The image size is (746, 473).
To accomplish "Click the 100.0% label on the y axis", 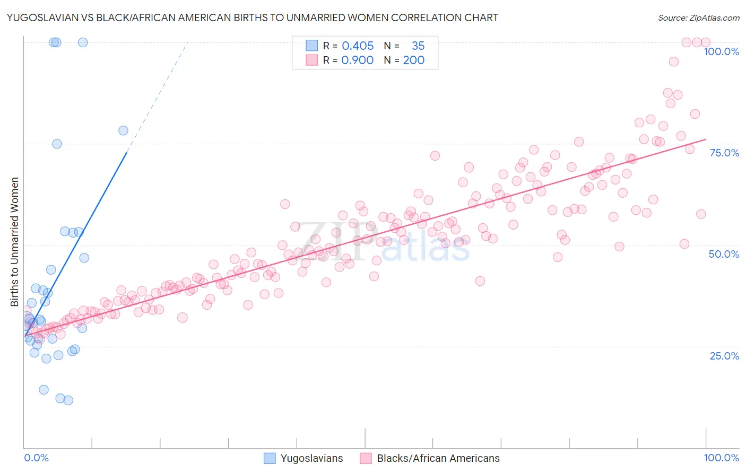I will tap(721, 51).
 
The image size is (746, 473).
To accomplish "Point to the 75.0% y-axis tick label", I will tap(724, 153).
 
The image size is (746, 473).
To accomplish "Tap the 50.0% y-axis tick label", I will tap(724, 254).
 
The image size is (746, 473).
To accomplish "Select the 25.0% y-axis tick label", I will tap(724, 356).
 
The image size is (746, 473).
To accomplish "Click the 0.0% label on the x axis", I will tap(36, 458).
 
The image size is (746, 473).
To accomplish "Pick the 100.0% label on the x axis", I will tap(721, 458).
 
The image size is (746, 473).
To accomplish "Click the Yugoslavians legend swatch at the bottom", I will tap(270, 458).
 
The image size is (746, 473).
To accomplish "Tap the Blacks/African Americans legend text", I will tap(438, 458).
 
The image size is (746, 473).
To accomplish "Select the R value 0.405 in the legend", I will tap(358, 46).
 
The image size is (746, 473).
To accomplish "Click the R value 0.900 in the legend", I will tap(358, 60).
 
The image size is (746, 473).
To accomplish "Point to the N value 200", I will tap(413, 60).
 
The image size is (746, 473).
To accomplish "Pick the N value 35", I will tap(418, 46).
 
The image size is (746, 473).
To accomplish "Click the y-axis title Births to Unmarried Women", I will tap(15, 242).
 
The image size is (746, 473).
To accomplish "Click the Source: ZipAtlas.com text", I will tap(698, 18).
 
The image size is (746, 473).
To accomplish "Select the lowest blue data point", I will tap(68, 400).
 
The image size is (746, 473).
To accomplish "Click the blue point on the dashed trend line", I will tap(123, 130).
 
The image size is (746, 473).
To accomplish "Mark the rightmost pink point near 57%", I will tap(701, 214).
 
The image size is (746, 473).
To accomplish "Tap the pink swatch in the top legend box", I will tap(311, 60).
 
